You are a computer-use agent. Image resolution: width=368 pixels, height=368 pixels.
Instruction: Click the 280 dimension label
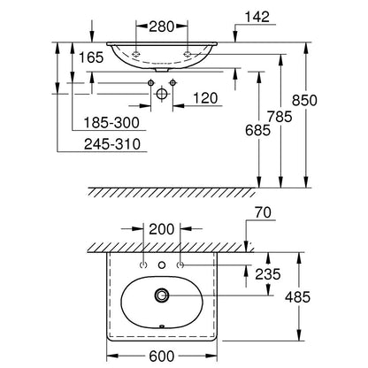coord(162,27)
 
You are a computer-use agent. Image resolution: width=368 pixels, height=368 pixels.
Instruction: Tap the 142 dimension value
coord(257,17)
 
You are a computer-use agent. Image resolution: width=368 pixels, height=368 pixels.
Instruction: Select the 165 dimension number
coord(91,57)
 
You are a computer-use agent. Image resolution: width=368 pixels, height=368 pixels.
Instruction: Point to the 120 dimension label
coord(205,98)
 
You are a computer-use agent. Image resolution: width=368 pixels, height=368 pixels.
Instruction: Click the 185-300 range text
coord(111,122)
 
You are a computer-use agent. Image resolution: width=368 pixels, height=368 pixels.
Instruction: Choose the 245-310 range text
coord(112,144)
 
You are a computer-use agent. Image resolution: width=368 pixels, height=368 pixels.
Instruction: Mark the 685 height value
coord(257,130)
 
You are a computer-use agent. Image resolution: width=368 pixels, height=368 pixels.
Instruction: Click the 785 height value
coord(280,117)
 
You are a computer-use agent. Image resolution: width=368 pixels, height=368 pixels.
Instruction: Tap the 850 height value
coord(304,100)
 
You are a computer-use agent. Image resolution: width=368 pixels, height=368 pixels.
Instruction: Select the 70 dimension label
coord(263,212)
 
